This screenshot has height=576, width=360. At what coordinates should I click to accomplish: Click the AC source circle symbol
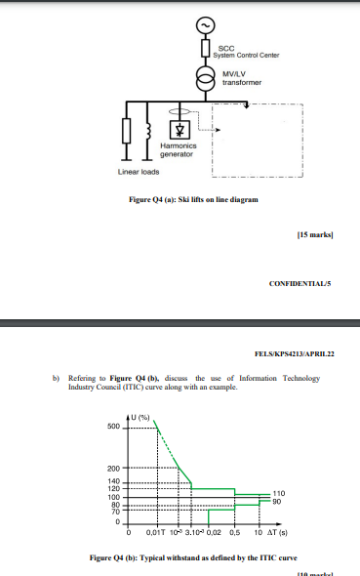coord(205,24)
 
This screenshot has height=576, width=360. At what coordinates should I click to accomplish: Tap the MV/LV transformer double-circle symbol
coord(205,79)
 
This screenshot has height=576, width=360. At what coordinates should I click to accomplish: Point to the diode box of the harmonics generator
coord(179,129)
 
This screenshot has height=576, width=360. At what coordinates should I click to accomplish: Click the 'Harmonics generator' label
coord(179,150)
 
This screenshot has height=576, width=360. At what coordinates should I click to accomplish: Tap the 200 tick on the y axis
coord(115,470)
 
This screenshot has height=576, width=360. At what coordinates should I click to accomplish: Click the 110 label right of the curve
coord(278,493)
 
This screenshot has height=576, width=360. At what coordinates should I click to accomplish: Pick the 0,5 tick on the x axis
coord(234,533)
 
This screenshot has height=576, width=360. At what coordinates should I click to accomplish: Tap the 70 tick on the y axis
coord(115,511)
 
